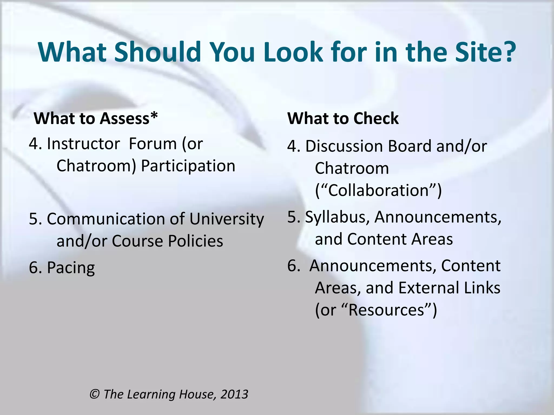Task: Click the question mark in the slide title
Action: pyautogui.click(x=506, y=52)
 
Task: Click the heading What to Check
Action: pyautogui.click(x=343, y=118)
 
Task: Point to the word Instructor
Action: pyautogui.click(x=83, y=143)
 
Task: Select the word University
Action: pyautogui.click(x=226, y=219)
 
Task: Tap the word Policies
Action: pyautogui.click(x=195, y=241)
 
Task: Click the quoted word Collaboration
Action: pyautogui.click(x=378, y=190)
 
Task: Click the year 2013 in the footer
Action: pyautogui.click(x=234, y=394)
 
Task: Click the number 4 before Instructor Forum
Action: pyautogui.click(x=34, y=143)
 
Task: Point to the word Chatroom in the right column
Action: pyautogui.click(x=352, y=168)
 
